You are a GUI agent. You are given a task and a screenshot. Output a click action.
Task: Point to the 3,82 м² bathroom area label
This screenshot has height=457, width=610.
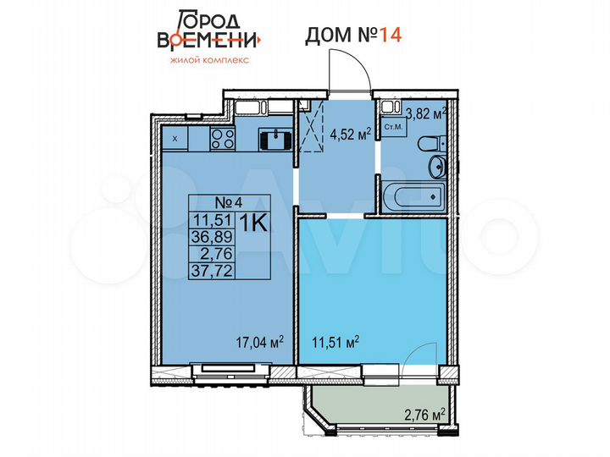[428, 112]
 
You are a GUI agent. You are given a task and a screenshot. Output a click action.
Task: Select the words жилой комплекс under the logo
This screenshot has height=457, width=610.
[208, 61]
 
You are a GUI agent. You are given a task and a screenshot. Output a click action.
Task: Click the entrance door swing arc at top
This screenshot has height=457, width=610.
[352, 68]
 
